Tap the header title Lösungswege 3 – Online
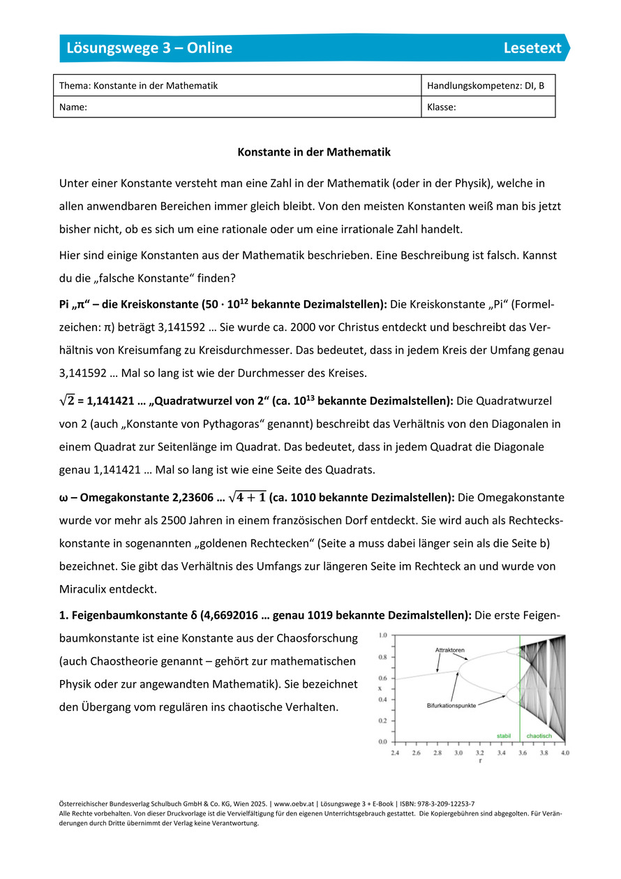click(149, 47)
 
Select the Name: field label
click(73, 108)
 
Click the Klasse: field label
click(442, 108)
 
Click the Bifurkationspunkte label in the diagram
click(451, 706)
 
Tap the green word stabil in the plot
click(504, 736)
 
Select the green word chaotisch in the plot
click(539, 736)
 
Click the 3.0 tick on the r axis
click(459, 753)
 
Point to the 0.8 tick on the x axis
click(382, 657)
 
